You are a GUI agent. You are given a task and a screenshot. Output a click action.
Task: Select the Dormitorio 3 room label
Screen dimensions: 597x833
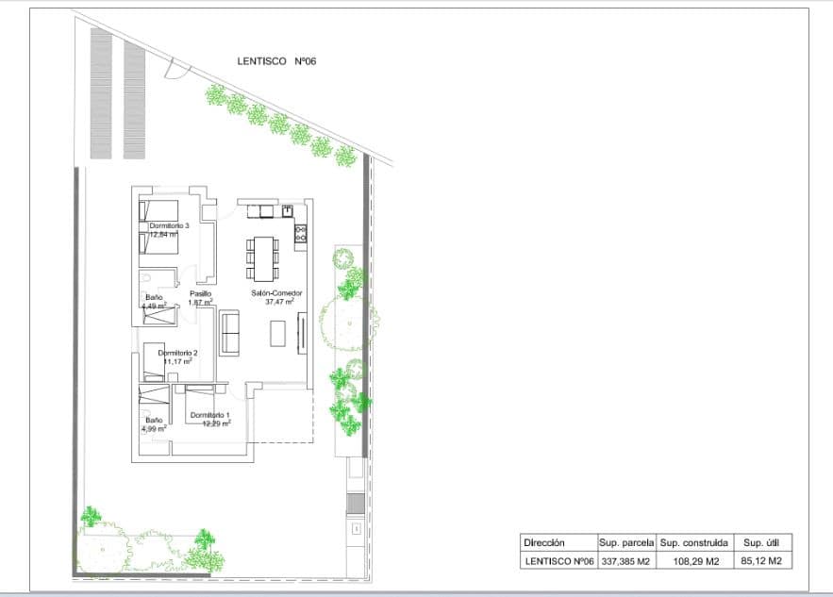click(170, 226)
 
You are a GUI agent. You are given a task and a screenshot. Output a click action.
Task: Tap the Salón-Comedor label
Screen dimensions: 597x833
click(276, 293)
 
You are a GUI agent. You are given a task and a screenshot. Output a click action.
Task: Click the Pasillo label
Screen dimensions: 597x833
click(200, 293)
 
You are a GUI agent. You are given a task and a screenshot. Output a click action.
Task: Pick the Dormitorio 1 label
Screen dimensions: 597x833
click(210, 415)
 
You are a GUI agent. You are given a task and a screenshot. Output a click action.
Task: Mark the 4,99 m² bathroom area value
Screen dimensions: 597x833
click(154, 428)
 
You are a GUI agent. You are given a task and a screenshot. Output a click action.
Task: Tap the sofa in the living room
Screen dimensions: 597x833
click(229, 333)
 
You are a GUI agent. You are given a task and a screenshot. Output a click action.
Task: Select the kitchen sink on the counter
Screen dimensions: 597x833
click(287, 210)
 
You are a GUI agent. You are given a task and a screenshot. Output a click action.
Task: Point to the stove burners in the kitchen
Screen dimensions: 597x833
click(301, 232)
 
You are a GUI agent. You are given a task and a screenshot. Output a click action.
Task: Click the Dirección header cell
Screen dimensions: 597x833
click(543, 543)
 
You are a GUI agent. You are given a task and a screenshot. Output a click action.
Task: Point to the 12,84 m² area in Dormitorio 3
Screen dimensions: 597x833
click(163, 235)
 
